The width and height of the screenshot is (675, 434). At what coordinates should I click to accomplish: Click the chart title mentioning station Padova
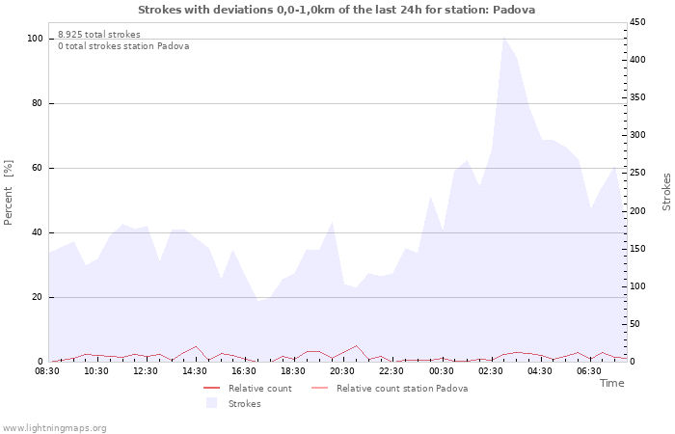tap(337, 10)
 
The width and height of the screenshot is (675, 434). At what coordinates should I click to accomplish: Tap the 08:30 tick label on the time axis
tap(47, 371)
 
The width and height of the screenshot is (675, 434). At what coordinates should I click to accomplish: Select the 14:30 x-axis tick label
tap(195, 371)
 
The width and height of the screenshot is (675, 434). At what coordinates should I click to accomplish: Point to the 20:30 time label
tap(342, 371)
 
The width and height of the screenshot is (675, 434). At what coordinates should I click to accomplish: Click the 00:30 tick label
tap(441, 371)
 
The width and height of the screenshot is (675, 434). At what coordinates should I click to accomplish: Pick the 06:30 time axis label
tap(588, 371)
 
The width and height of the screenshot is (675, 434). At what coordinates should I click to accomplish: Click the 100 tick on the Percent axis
tap(36, 39)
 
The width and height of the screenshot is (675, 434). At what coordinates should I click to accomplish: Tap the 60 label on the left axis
tap(38, 168)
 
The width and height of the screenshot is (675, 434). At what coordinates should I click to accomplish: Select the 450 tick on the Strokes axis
tap(638, 22)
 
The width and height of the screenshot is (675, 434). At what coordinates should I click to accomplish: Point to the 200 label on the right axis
tap(638, 211)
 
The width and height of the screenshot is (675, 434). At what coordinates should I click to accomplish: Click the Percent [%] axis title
tap(9, 193)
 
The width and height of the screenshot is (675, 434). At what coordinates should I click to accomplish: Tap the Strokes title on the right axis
tap(666, 191)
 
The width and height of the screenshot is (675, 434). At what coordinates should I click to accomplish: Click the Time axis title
tap(611, 384)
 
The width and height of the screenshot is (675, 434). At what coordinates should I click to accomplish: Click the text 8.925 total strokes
tap(99, 35)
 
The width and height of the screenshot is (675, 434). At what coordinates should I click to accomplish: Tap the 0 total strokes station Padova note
tap(123, 46)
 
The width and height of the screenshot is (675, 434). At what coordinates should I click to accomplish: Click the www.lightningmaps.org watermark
tap(54, 428)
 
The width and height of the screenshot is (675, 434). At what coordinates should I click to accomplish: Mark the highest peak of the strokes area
tap(503, 37)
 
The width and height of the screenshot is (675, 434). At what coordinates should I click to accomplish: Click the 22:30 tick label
tap(391, 371)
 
